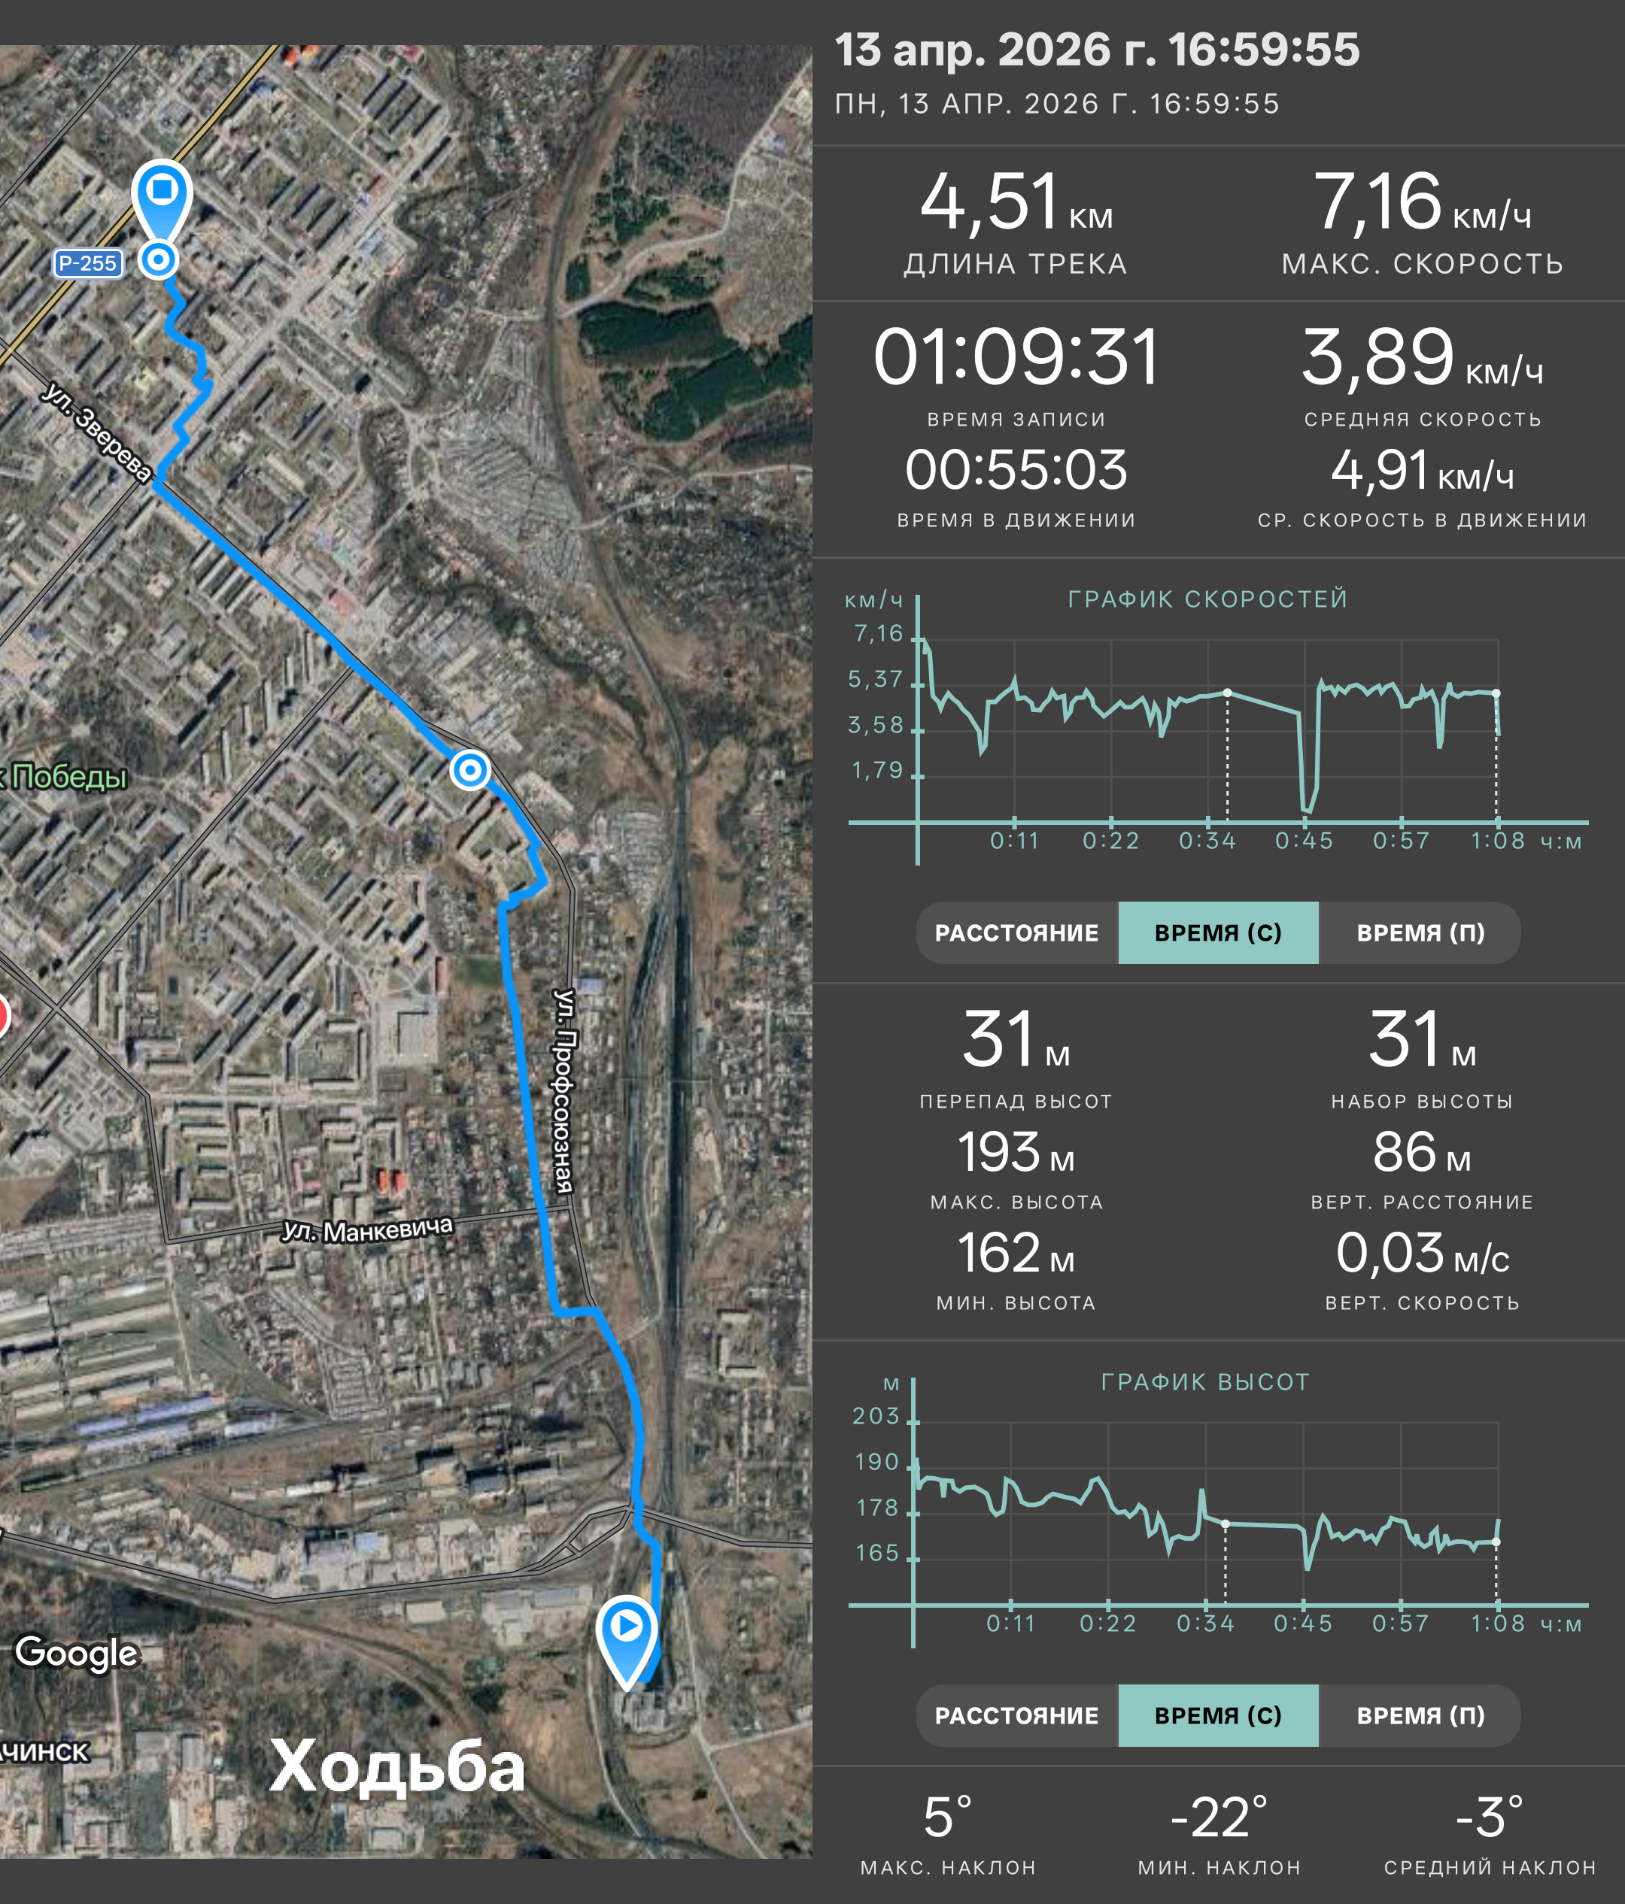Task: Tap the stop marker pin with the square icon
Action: coord(162,198)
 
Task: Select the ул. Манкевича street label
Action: coord(368,1229)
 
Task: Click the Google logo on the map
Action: coord(76,1652)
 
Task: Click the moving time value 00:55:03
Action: coord(1016,471)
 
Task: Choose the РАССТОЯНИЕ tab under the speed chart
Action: coord(1016,932)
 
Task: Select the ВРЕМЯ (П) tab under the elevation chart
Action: coord(1420,1715)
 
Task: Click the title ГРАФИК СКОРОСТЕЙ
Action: coord(1207,599)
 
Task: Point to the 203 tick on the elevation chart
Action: coord(876,1416)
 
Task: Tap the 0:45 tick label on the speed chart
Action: coord(1303,841)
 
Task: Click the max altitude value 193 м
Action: coord(1016,1154)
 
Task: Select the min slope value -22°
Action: coord(1219,1818)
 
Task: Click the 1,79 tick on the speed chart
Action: coord(877,770)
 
